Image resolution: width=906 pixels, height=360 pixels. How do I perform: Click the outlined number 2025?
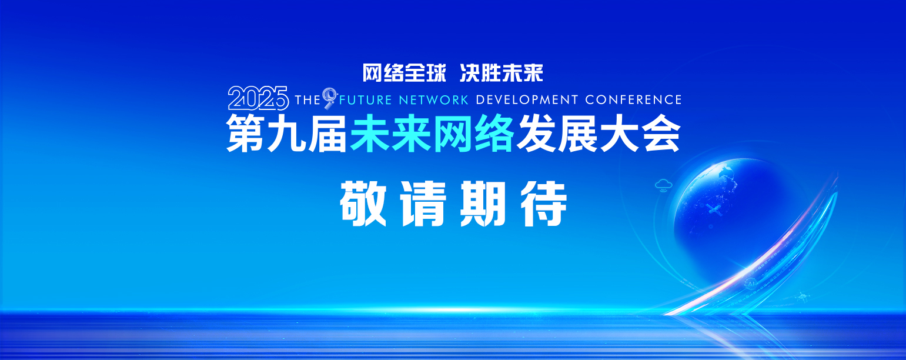[259, 98]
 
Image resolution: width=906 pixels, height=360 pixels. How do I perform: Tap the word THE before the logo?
[308, 100]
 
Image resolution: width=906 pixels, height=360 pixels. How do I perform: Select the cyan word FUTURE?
[366, 100]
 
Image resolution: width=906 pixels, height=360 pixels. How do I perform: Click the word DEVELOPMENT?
[527, 100]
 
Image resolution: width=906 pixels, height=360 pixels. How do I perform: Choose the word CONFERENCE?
[633, 100]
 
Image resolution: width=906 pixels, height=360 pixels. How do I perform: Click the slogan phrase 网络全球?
[404, 73]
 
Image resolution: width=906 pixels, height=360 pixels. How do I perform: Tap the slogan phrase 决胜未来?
[502, 73]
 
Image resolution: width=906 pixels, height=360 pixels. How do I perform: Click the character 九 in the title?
[287, 134]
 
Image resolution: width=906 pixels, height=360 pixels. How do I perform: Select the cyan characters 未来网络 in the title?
[432, 134]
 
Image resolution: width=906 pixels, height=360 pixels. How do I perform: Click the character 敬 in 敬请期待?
[363, 204]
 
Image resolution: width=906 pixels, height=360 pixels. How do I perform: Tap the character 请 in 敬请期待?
[423, 204]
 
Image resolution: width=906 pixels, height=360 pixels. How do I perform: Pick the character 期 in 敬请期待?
[483, 204]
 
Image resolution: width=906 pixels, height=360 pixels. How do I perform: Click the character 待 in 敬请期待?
[544, 204]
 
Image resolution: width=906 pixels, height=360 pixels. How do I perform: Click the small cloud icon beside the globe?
[663, 185]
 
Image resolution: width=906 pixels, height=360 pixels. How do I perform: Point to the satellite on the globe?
[714, 210]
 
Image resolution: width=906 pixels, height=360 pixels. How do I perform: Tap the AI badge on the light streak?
[751, 284]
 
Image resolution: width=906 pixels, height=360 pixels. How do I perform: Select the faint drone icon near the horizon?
[802, 298]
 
